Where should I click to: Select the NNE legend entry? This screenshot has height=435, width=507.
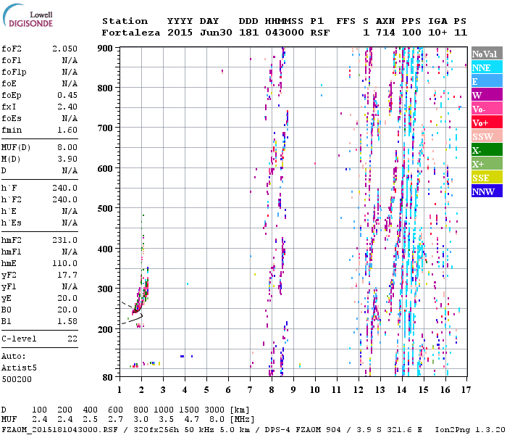point(482,67)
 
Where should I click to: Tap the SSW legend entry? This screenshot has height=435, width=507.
point(482,136)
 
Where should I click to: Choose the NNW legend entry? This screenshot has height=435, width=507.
point(482,191)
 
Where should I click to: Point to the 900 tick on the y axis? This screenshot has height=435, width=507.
point(106,48)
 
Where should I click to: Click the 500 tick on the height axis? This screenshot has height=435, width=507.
point(106,209)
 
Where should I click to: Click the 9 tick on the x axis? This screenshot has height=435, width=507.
point(293,389)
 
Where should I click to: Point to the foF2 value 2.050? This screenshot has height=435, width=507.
point(64,47)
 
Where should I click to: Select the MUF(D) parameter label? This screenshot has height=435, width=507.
point(15,147)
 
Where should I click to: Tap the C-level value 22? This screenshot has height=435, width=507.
point(72,339)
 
